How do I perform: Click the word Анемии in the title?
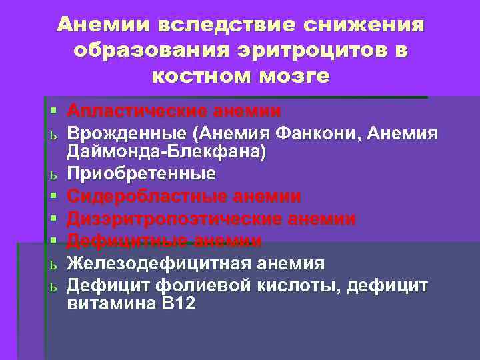103,25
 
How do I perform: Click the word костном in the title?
203,76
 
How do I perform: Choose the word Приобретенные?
141,174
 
